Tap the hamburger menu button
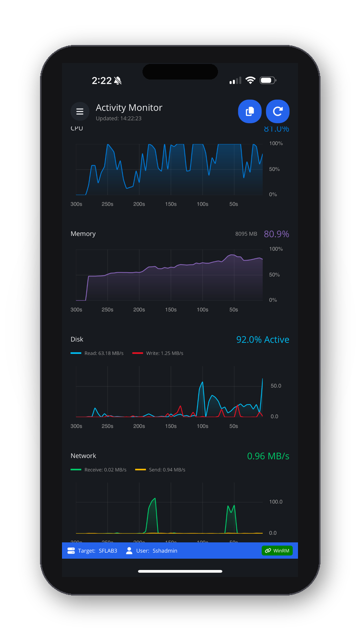click(79, 111)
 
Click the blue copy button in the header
click(249, 111)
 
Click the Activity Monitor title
click(129, 107)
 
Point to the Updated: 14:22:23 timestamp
click(118, 118)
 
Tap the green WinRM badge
click(277, 550)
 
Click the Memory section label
click(83, 233)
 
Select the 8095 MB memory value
click(246, 234)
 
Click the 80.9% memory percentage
click(276, 234)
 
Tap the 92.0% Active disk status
click(262, 339)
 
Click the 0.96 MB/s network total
click(268, 456)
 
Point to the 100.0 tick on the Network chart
click(275, 501)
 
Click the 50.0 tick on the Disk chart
click(275, 385)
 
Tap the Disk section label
click(77, 339)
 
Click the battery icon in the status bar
click(267, 80)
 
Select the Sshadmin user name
click(164, 550)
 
